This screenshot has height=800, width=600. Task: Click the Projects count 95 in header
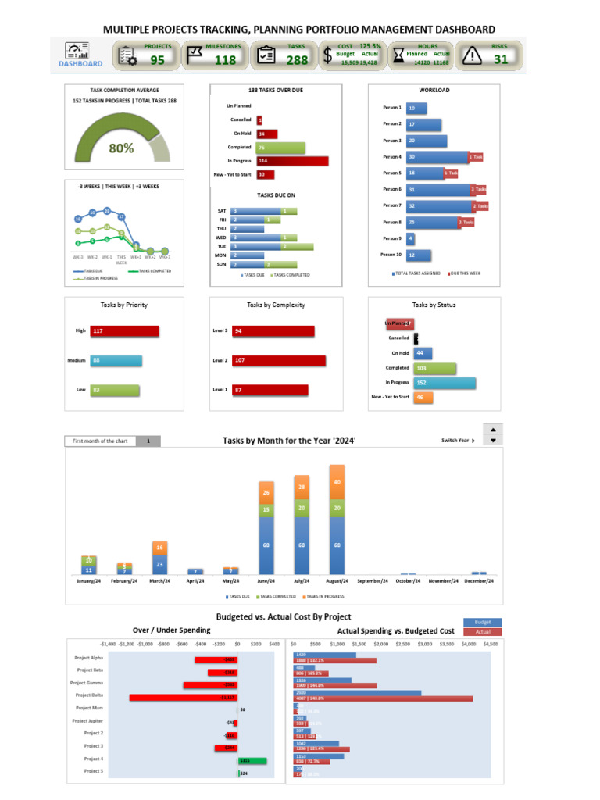[157, 60]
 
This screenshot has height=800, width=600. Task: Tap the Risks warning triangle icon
[472, 55]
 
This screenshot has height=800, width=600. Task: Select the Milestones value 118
[225, 60]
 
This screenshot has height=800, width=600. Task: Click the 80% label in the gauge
[121, 148]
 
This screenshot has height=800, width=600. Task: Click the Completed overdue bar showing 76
[280, 148]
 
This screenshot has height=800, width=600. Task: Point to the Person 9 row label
[391, 238]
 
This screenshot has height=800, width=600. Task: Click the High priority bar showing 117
[124, 331]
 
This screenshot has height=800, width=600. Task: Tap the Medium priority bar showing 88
[116, 361]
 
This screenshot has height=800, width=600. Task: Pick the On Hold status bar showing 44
[423, 353]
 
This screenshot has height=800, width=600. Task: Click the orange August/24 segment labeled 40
[337, 482]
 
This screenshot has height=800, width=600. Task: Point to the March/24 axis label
[160, 581]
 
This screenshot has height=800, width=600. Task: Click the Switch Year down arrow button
[492, 441]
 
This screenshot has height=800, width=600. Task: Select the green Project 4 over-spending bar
[252, 759]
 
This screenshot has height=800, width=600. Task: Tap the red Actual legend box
[483, 631]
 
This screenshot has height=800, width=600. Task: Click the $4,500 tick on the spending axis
[490, 645]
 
